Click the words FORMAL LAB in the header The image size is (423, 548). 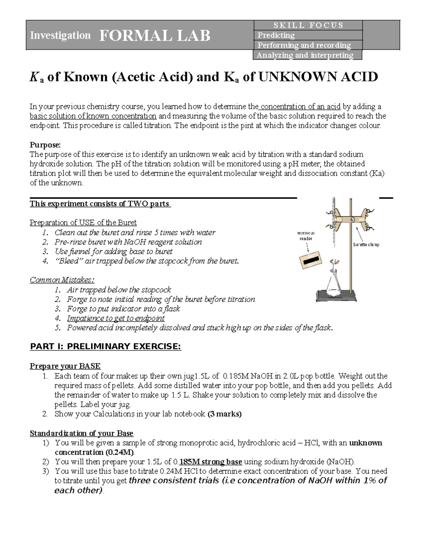[x=155, y=36]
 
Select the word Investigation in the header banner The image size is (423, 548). [x=60, y=36]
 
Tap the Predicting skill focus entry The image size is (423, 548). [x=276, y=35]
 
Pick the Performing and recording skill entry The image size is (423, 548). [x=304, y=45]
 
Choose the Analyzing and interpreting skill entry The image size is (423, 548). [x=305, y=55]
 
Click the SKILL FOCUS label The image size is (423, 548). [x=308, y=25]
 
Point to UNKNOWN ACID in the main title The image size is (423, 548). [x=318, y=77]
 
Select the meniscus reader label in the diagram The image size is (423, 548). [x=306, y=236]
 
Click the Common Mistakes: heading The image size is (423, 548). [x=62, y=280]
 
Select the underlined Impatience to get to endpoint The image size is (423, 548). [x=116, y=318]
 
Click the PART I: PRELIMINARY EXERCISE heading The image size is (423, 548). [x=105, y=347]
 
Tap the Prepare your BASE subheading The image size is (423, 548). [x=65, y=366]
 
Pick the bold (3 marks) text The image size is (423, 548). [x=225, y=414]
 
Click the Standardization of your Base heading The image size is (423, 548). [x=81, y=433]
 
